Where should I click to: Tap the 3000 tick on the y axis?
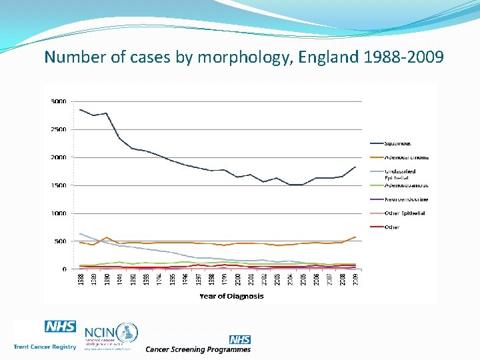point(59,101)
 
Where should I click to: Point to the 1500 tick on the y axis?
point(59,185)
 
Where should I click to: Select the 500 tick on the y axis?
point(60,241)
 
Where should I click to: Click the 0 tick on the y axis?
point(64,269)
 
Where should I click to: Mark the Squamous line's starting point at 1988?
point(80,109)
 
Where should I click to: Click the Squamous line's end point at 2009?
point(355,167)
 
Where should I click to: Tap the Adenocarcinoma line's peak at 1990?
point(106,237)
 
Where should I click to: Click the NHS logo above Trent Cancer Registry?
point(60,327)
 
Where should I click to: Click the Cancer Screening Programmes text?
point(198,349)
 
